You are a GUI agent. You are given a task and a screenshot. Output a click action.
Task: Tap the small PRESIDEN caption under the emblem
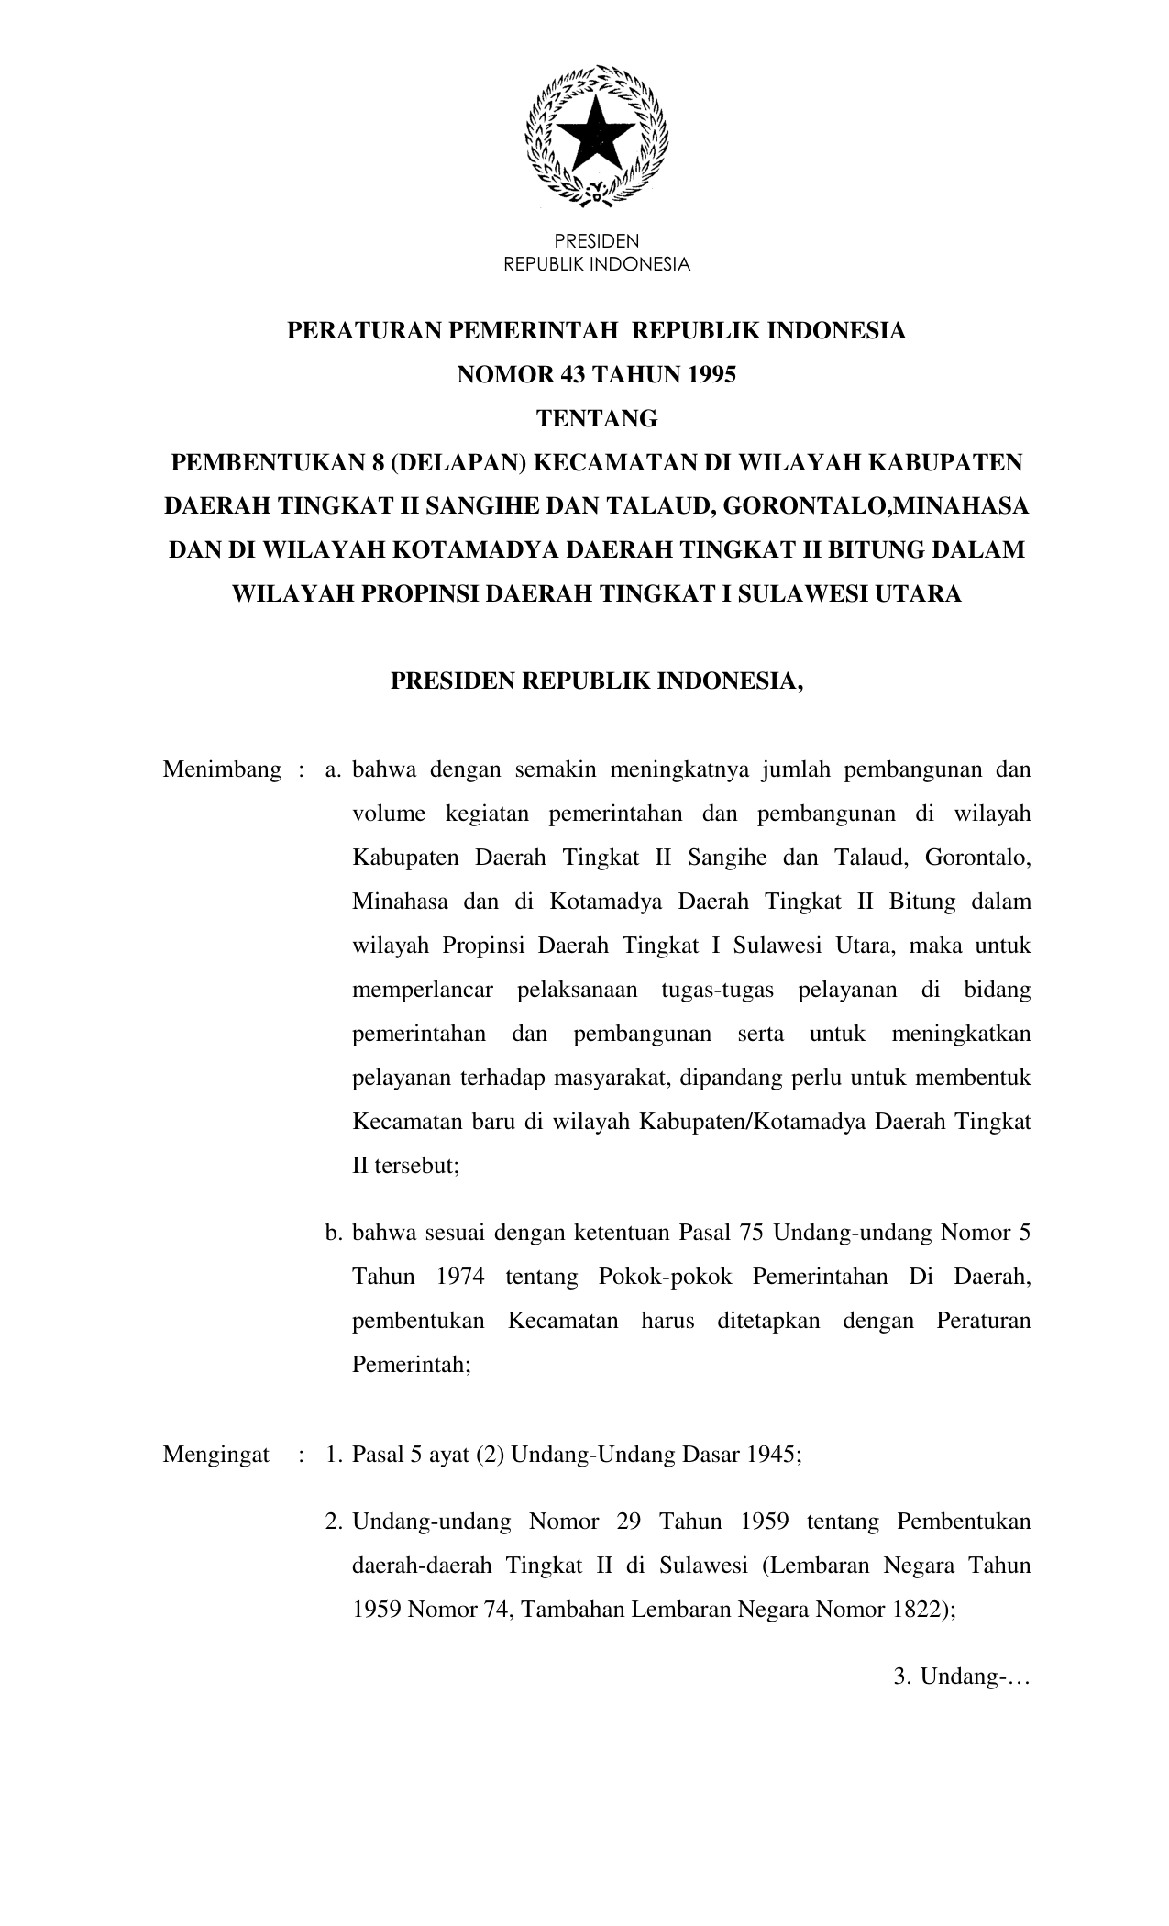(597, 242)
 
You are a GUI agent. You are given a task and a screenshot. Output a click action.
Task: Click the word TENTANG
(597, 419)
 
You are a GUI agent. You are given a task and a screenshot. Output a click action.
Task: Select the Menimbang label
(222, 769)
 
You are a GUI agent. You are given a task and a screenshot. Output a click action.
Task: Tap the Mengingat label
(215, 1455)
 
